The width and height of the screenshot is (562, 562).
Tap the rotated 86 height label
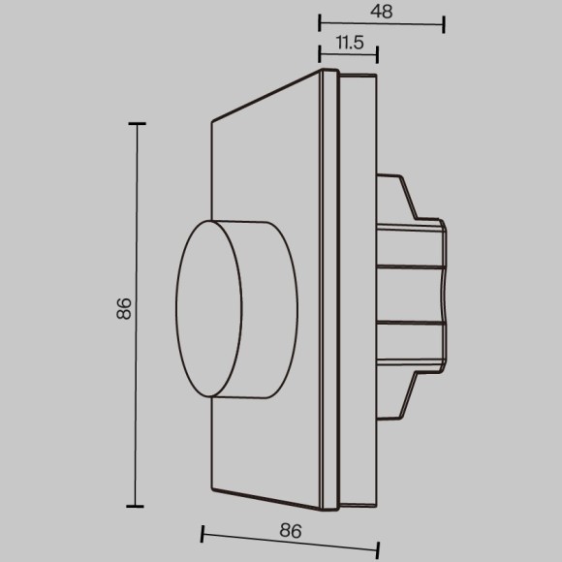pyautogui.click(x=123, y=310)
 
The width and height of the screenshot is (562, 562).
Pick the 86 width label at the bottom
pyautogui.click(x=290, y=531)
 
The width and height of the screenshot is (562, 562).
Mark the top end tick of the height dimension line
pyautogui.click(x=137, y=124)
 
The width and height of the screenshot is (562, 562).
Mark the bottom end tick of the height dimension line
pyautogui.click(x=137, y=505)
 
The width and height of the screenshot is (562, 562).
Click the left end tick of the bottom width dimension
pyautogui.click(x=202, y=533)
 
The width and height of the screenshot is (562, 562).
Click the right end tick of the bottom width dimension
pyautogui.click(x=378, y=542)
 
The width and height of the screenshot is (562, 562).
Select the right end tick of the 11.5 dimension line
pyautogui.click(x=378, y=53)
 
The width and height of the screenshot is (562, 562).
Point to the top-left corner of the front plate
pyautogui.click(x=211, y=122)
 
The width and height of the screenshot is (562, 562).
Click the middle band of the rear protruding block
pyautogui.click(x=409, y=294)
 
